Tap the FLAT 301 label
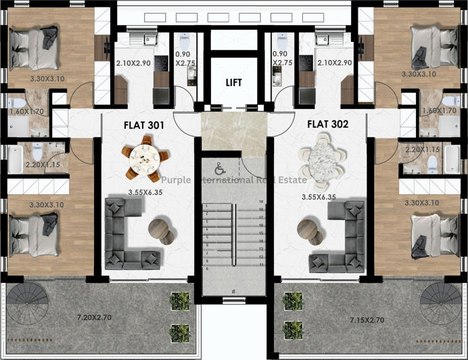click(143, 124)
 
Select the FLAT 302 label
click(327, 124)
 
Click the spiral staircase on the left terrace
click(26, 300)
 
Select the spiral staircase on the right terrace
click(441, 300)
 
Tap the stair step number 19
click(260, 201)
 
